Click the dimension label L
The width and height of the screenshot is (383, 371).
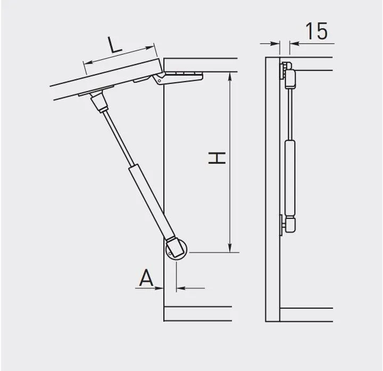[x=114, y=45]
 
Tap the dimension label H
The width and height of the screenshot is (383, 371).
[x=217, y=158]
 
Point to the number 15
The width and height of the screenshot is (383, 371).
[x=317, y=31]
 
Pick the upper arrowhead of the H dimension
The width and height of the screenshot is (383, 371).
[x=230, y=76]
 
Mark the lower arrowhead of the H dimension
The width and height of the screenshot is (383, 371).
[x=230, y=248]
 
